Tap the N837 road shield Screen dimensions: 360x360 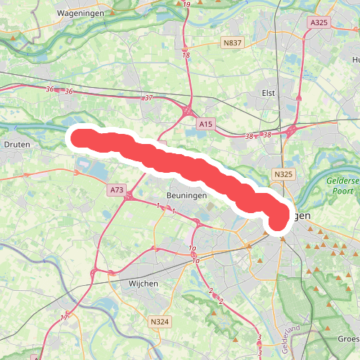pos(233,43)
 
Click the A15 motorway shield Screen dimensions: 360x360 pos(206,125)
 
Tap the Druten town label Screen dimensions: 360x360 pos(15,144)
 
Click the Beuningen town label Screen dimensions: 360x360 pos(184,195)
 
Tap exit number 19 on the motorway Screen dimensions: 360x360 pos(187,6)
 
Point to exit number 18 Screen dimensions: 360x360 pos(186,55)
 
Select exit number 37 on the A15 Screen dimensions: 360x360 pos(148,97)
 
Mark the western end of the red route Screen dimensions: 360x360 pos(80,137)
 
